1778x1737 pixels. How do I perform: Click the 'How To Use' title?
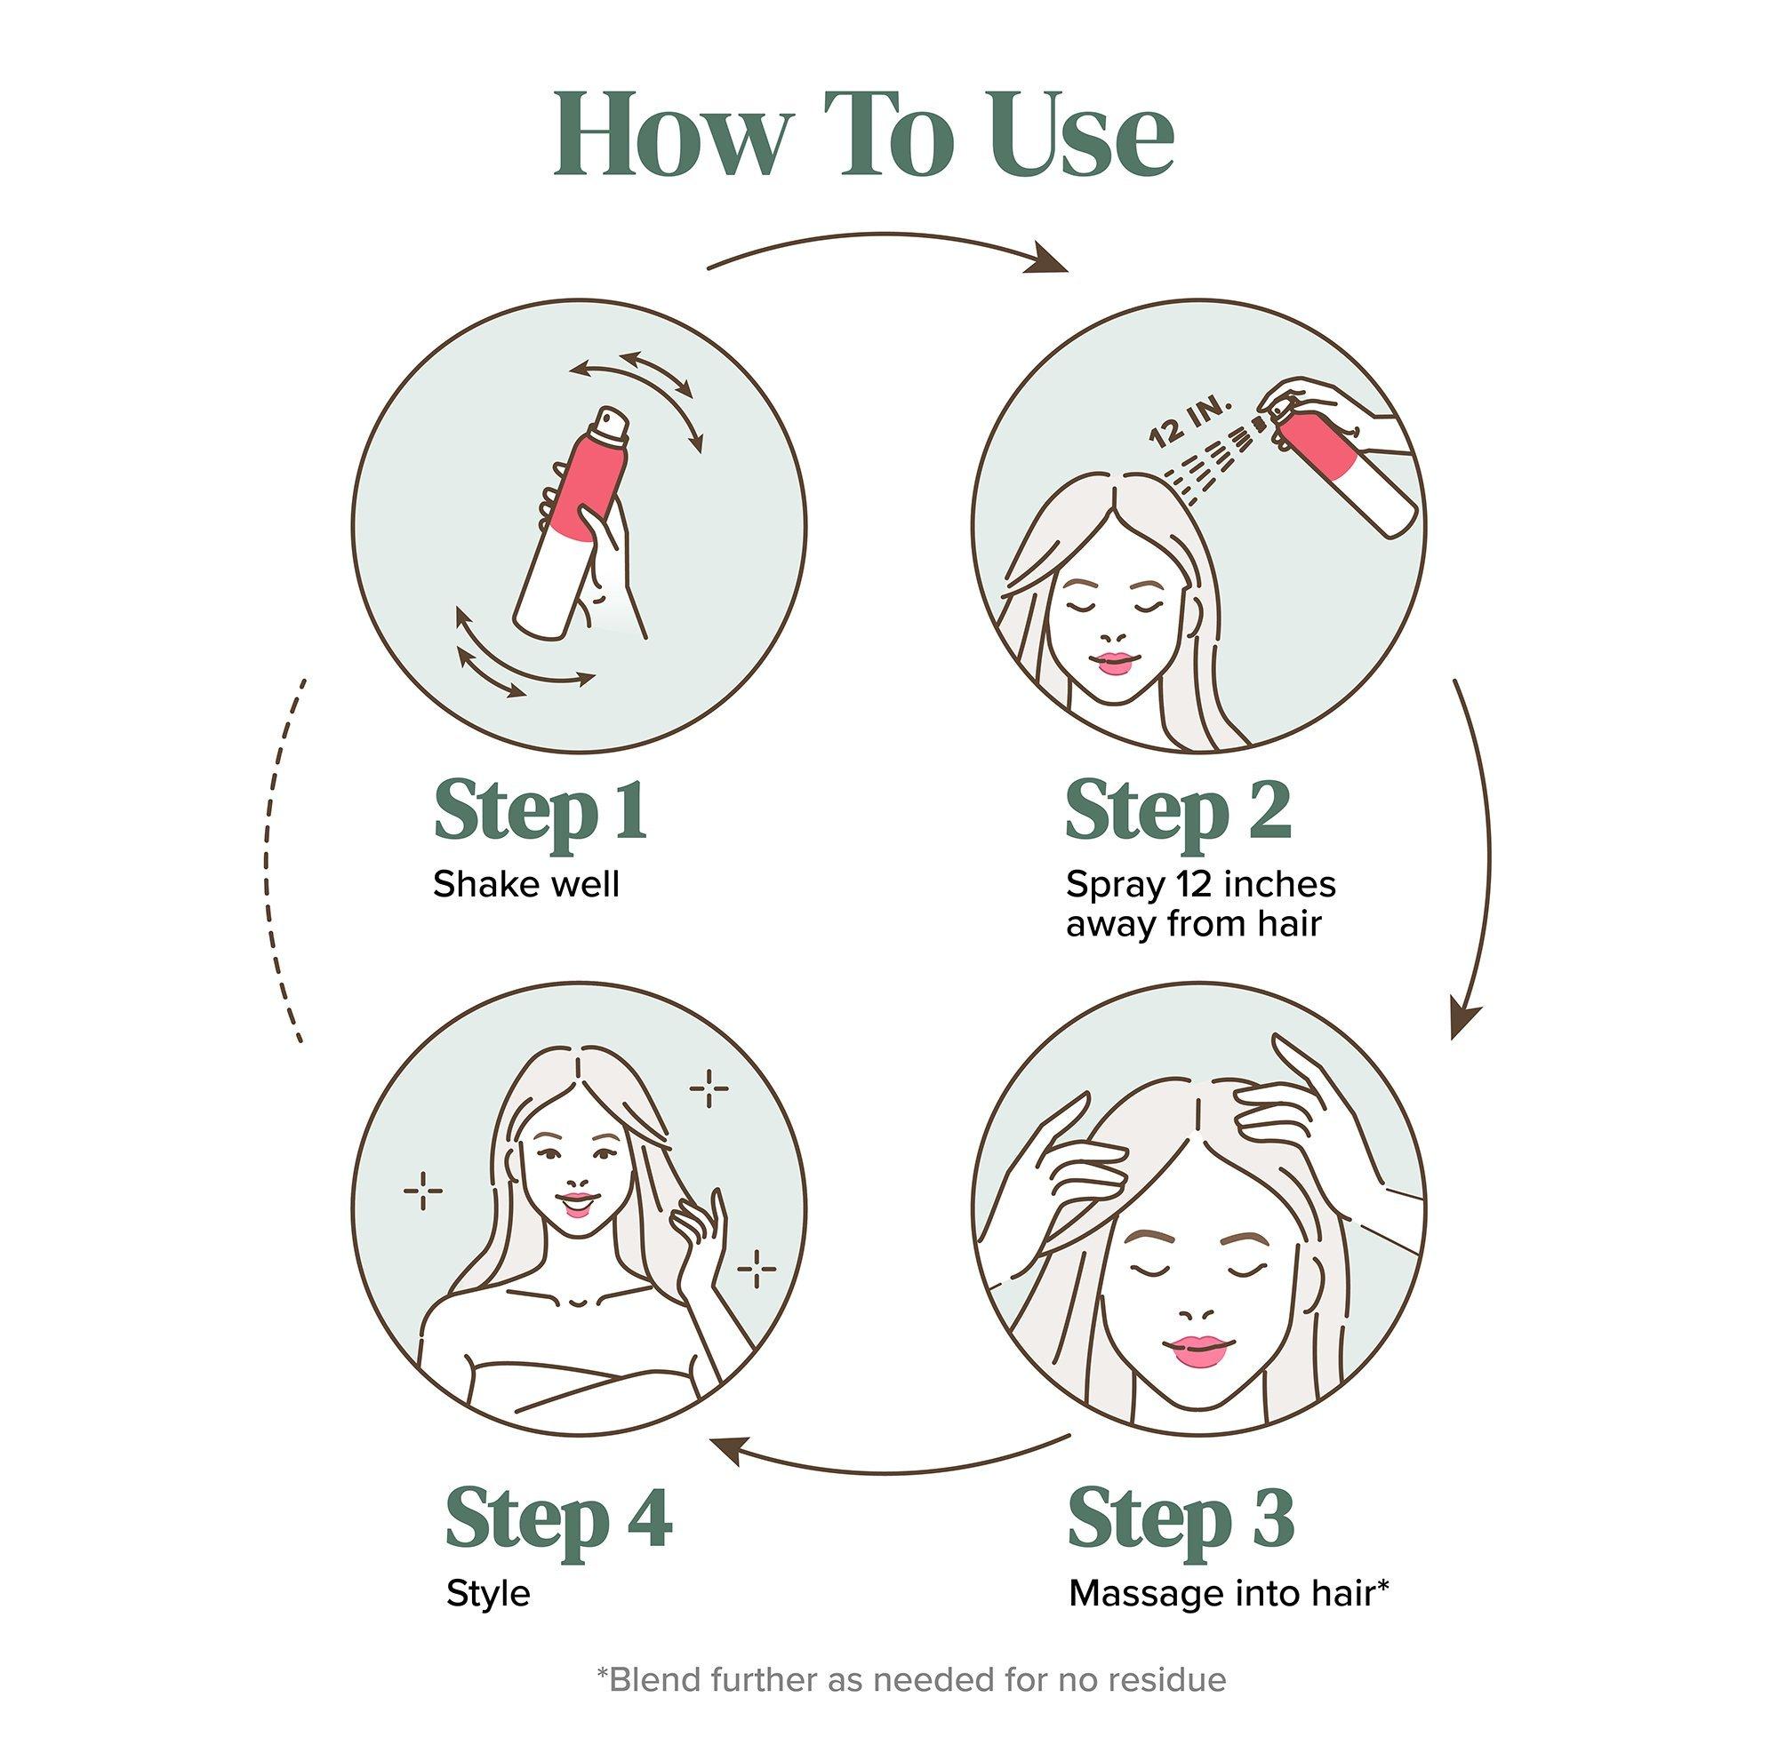tap(863, 136)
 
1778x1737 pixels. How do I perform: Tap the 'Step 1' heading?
tap(541, 809)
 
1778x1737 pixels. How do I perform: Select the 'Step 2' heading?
tap(1178, 809)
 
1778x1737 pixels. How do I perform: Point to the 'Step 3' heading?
tap(1181, 1518)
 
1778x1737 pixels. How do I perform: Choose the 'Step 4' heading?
tap(558, 1518)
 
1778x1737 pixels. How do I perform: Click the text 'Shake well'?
tap(525, 884)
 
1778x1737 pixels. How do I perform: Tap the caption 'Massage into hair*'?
tap(1229, 1593)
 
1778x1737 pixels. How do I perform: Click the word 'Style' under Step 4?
tap(488, 1595)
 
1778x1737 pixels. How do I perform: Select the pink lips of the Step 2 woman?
tap(1114, 661)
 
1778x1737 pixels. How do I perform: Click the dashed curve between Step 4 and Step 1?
tap(267, 861)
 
